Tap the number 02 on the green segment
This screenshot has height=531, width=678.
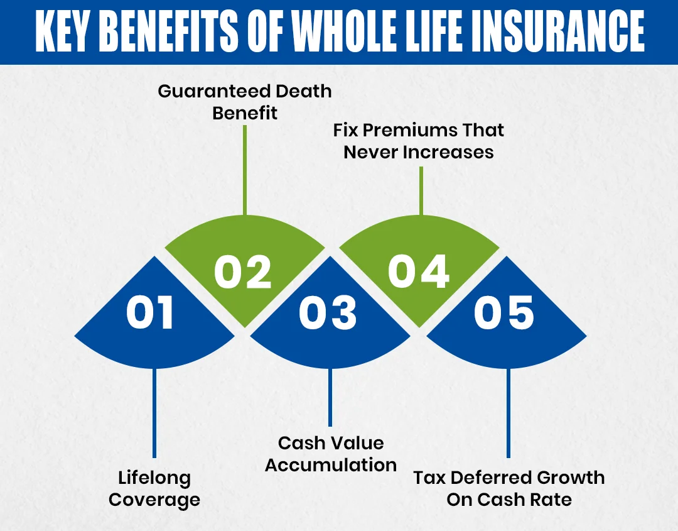tap(243, 272)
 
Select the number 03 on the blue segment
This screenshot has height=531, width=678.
tap(328, 313)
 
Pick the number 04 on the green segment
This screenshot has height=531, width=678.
tap(419, 272)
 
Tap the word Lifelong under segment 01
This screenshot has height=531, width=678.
tap(154, 478)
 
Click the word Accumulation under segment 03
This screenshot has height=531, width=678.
tap(331, 465)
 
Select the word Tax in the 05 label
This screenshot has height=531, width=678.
tap(429, 478)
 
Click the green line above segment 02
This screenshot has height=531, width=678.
tap(244, 170)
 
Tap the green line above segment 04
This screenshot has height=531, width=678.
tap(420, 189)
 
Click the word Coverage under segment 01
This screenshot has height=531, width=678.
tap(154, 500)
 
